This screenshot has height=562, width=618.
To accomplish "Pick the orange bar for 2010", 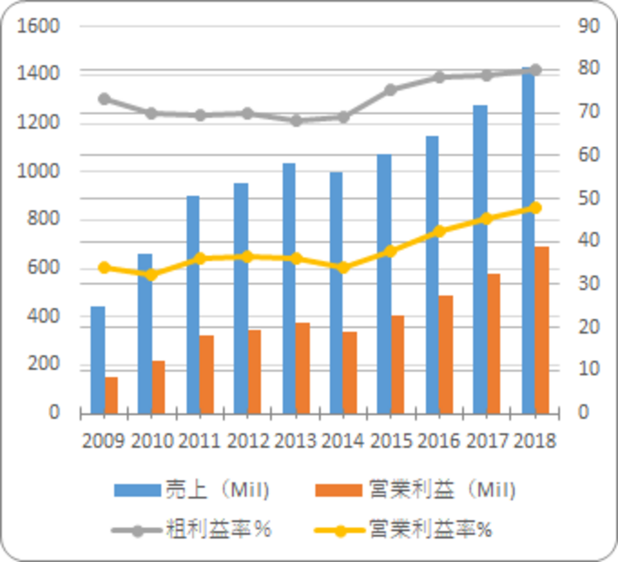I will pyautogui.click(x=158, y=387).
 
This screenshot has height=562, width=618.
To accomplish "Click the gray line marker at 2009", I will pyautogui.click(x=104, y=99).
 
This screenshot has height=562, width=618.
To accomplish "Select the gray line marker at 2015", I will pyautogui.click(x=391, y=90).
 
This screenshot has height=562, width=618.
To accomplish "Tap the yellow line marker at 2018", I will pyautogui.click(x=535, y=208).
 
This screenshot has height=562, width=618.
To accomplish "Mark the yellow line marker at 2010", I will pyautogui.click(x=151, y=275).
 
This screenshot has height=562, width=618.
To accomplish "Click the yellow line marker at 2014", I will pyautogui.click(x=343, y=268).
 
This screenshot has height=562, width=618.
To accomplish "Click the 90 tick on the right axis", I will pyautogui.click(x=589, y=26).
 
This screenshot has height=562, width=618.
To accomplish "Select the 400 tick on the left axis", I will pyautogui.click(x=43, y=316).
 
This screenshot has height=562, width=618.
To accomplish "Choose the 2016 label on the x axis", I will pyautogui.click(x=438, y=441).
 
